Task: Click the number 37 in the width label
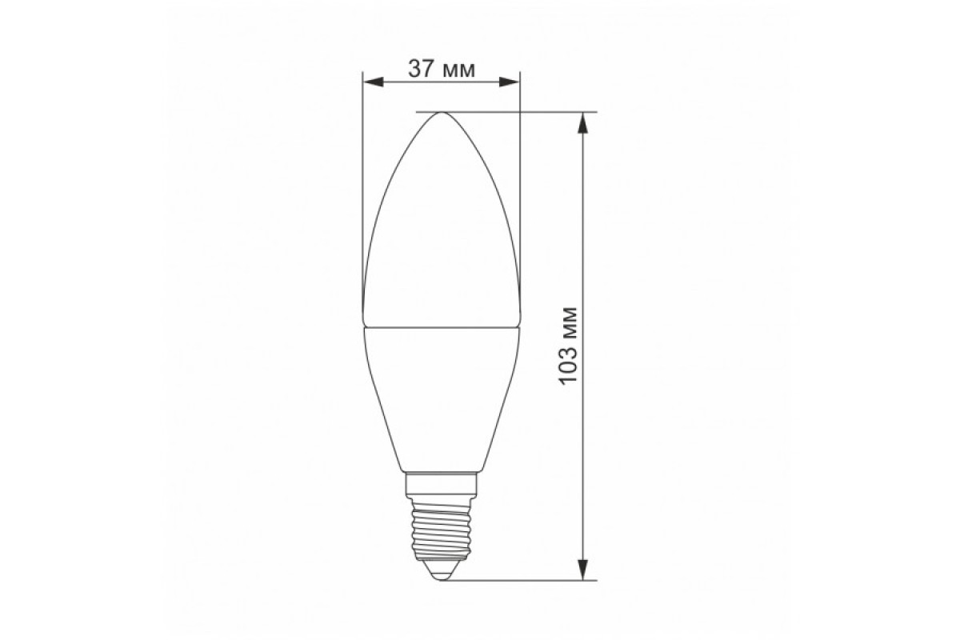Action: [x=422, y=70]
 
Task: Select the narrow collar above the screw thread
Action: [x=441, y=483]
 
